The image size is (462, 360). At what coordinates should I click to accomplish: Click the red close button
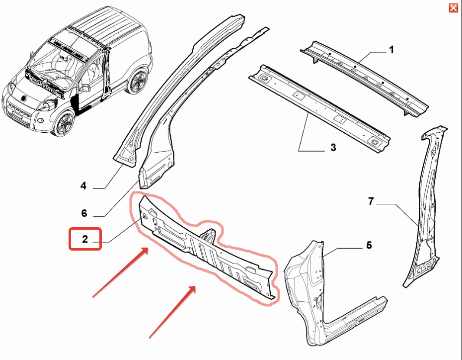tap(453, 7)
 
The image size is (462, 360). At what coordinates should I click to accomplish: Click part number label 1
tap(391, 49)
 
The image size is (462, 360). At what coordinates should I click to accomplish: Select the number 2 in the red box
tap(85, 239)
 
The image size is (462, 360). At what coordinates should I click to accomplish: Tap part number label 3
tap(333, 147)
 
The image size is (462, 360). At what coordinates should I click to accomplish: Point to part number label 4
tap(83, 186)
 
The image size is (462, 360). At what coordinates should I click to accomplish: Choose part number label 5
tap(369, 245)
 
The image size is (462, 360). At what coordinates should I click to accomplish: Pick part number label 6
tap(84, 213)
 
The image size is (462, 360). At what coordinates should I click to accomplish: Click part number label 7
tap(371, 201)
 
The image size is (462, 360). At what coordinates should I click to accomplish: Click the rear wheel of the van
tap(136, 81)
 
